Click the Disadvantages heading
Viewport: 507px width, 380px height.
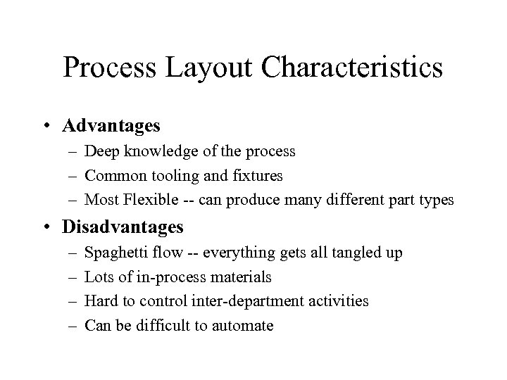[x=123, y=227]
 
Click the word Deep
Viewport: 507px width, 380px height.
[x=100, y=151]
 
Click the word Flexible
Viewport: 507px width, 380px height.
[x=149, y=201]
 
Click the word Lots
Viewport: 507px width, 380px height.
[x=98, y=277]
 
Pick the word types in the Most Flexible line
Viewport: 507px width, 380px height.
[x=438, y=201]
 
